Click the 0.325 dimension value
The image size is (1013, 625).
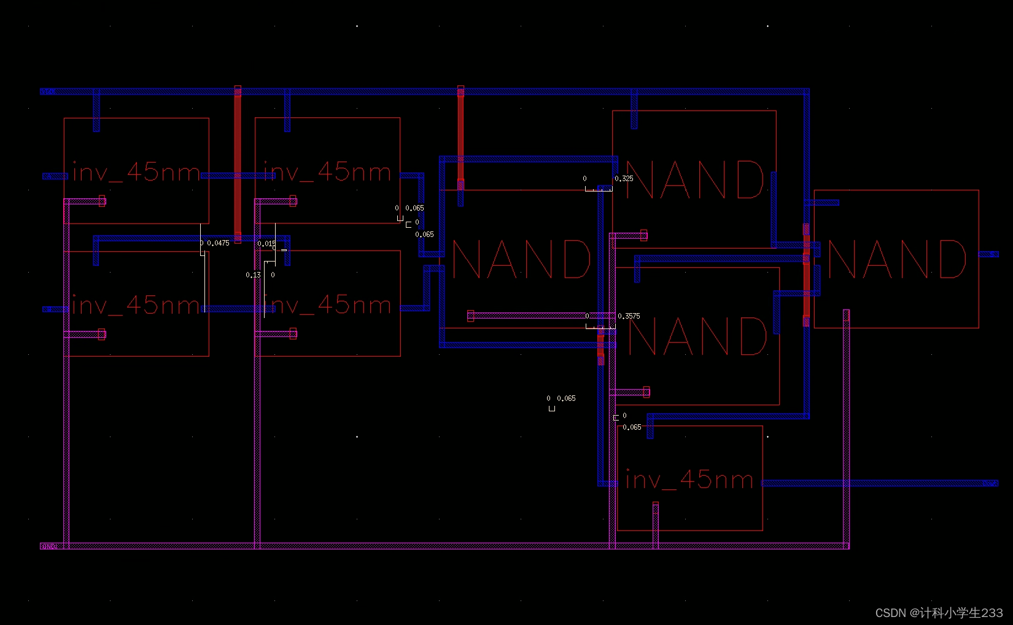pyautogui.click(x=624, y=179)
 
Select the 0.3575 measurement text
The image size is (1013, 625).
pyautogui.click(x=629, y=316)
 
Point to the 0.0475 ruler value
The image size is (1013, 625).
pyautogui.click(x=218, y=243)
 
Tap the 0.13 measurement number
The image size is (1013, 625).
pyautogui.click(x=253, y=275)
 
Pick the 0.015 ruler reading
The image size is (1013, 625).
pyautogui.click(x=266, y=244)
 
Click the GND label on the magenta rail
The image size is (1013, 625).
pyautogui.click(x=49, y=546)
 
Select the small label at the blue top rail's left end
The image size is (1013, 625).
pyautogui.click(x=47, y=91)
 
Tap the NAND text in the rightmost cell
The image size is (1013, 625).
pyautogui.click(x=897, y=259)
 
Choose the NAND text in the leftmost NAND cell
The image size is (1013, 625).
pyautogui.click(x=521, y=259)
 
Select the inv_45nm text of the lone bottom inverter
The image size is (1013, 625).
pyautogui.click(x=689, y=479)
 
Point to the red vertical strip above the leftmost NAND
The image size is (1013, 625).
pyautogui.click(x=460, y=135)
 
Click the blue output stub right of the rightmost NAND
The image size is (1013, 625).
pyautogui.click(x=988, y=254)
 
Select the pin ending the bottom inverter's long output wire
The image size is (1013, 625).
pyautogui.click(x=989, y=483)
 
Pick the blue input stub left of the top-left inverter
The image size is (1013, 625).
pyautogui.click(x=55, y=176)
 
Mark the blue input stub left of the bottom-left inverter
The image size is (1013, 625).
pyautogui.click(x=55, y=309)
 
